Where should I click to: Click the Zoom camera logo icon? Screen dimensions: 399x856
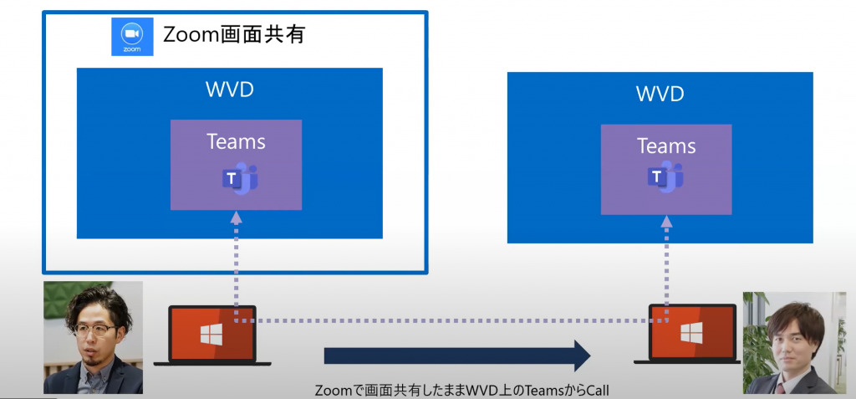click(132, 35)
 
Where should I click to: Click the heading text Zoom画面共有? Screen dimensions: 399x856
click(234, 34)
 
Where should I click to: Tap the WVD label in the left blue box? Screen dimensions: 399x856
click(229, 89)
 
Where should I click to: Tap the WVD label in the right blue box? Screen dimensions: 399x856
click(660, 93)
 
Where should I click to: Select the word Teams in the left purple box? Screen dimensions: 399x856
click(236, 141)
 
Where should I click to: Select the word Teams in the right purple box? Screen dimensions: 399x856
click(666, 146)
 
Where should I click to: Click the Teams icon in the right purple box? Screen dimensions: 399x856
click(665, 176)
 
